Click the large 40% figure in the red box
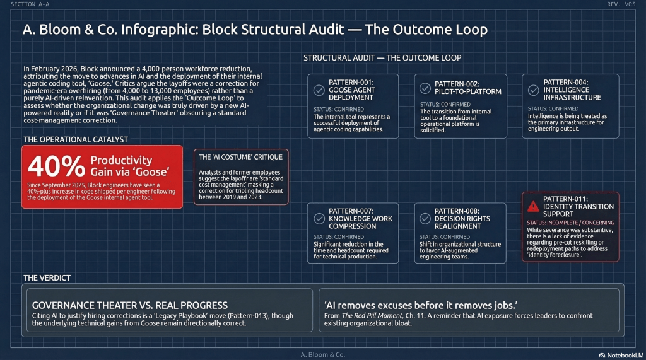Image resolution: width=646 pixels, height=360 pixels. click(x=56, y=166)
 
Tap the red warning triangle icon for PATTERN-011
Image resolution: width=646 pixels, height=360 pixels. click(x=533, y=206)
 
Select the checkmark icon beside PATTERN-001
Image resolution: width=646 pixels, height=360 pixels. click(x=319, y=90)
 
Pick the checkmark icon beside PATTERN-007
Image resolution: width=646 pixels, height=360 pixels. click(x=319, y=218)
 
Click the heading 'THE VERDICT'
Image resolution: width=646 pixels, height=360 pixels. click(x=47, y=277)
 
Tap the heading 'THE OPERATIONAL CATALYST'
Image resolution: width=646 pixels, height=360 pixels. click(x=75, y=139)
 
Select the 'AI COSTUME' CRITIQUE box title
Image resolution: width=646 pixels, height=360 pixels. click(x=240, y=156)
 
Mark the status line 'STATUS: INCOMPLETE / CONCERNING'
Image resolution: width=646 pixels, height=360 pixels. click(x=570, y=223)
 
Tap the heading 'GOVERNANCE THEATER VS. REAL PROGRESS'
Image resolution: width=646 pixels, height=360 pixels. click(x=129, y=305)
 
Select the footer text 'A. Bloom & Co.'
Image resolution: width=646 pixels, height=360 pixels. click(x=322, y=354)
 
